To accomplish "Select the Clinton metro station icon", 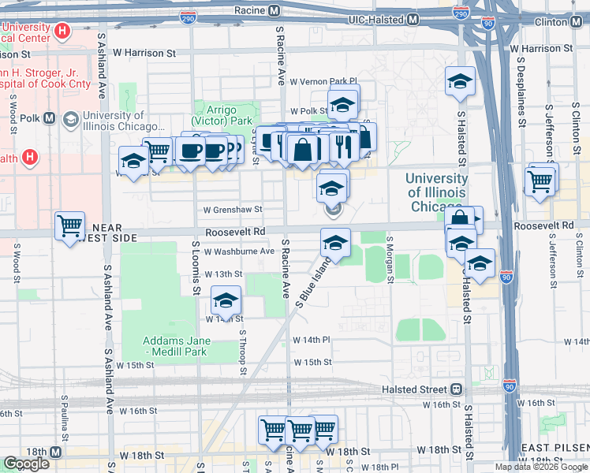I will [580, 21].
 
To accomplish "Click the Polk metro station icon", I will [50, 118].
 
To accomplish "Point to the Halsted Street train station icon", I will [456, 389].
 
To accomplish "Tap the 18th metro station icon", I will [56, 453].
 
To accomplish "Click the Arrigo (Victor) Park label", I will [227, 116].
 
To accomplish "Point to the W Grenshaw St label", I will [232, 210].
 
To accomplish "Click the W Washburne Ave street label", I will [238, 252].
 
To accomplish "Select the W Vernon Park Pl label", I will [323, 81].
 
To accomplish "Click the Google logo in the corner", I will [26, 464].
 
